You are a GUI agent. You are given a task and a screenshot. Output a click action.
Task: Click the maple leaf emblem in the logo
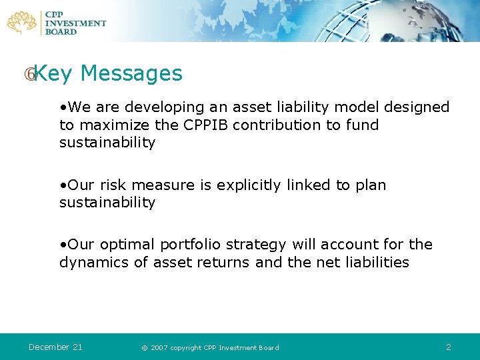(x=22, y=22)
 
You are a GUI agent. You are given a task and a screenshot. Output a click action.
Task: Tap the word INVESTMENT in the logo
(x=75, y=23)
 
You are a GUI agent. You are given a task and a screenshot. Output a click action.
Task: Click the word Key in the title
(x=53, y=73)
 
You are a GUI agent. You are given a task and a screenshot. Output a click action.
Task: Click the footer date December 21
(x=55, y=347)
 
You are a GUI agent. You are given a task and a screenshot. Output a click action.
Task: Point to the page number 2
(x=449, y=347)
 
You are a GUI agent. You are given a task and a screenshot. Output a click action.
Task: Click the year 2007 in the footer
(x=159, y=347)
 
